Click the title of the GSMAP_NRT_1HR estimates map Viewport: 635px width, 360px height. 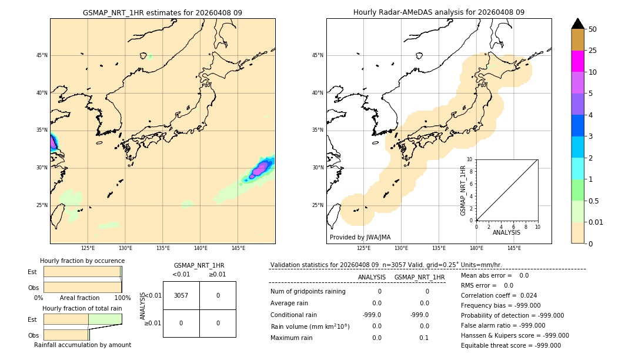162,12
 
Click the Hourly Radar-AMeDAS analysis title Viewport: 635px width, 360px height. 439,12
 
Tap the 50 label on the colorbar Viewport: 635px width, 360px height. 593,29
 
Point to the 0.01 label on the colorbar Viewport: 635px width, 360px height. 596,222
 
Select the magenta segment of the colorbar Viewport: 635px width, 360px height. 577,61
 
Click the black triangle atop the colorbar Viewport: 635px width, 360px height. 577,24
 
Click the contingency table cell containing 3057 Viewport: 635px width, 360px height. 181,295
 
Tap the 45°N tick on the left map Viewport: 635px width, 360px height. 42,56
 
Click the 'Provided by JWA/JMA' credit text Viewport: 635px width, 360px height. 360,237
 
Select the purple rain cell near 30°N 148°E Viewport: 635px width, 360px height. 259,169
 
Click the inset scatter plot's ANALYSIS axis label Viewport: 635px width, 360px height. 506,233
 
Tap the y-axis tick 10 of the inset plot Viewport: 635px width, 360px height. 470,159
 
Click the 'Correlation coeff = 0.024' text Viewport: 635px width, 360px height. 499,295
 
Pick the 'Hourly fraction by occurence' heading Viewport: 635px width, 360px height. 82,261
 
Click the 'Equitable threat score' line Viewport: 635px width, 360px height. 510,345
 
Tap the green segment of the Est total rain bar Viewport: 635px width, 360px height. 105,319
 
